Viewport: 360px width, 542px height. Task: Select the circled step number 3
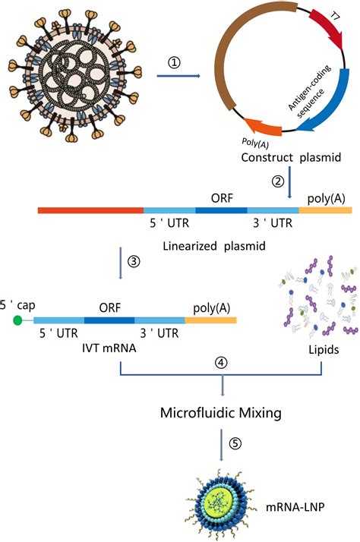[134, 262]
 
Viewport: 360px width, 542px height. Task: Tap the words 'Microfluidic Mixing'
[222, 413]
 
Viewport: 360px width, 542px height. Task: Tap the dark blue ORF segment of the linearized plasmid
[221, 209]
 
